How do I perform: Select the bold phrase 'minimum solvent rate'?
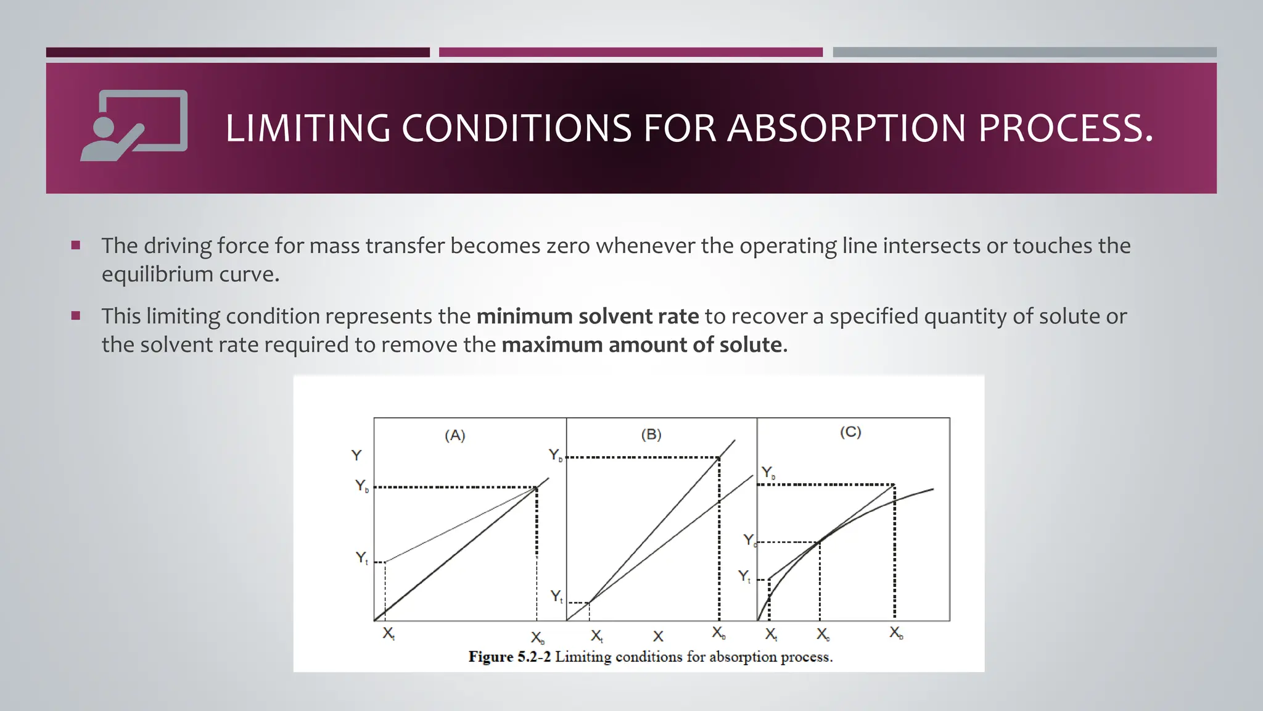588,316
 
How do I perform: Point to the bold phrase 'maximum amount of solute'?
641,344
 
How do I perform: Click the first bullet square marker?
76,246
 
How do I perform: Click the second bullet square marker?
76,316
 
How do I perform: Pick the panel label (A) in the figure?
455,436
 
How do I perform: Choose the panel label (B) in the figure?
651,434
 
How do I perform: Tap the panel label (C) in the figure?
850,432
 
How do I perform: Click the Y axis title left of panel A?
356,455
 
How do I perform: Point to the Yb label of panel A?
362,486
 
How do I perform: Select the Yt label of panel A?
362,558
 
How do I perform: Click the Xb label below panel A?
538,638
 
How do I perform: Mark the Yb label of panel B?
556,455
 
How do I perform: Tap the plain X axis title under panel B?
659,636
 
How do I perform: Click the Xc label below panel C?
823,634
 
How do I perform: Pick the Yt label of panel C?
745,576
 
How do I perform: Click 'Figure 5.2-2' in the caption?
509,657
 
